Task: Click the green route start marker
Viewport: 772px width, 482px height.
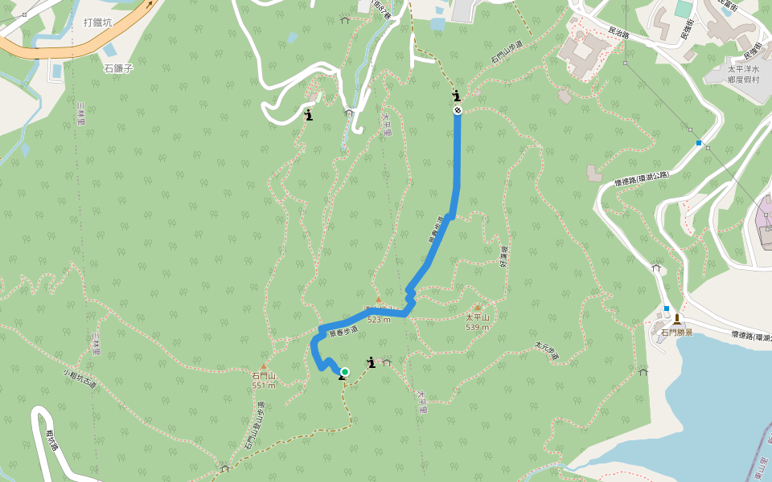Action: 344,371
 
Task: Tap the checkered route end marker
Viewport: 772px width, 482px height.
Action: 458,110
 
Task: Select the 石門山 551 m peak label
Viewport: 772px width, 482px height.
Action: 263,380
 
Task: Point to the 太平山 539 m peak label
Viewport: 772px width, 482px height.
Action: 477,321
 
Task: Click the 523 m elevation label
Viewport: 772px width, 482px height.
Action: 379,319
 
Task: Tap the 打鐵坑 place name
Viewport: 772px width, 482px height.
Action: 97,22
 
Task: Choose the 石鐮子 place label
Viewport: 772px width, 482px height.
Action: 117,68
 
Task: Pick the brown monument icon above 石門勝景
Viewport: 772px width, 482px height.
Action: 676,318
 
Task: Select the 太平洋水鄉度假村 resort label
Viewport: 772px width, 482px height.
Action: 744,74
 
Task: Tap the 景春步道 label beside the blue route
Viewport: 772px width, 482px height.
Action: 343,330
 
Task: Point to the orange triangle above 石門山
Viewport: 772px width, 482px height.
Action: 263,366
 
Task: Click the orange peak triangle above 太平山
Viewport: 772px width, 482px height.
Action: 478,307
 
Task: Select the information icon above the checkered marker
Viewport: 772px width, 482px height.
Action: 457,96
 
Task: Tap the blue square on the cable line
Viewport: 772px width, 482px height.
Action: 699,143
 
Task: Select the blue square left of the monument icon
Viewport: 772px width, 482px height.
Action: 667,308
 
